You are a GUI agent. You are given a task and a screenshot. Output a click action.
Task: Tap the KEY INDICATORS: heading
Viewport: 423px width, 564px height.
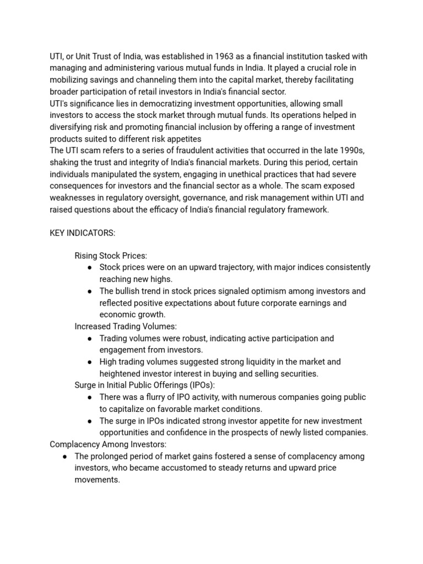tap(83, 233)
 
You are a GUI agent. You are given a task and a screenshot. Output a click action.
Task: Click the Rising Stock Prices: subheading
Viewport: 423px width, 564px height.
tap(111, 256)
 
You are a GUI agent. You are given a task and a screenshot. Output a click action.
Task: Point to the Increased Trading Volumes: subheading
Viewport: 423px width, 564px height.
tap(126, 327)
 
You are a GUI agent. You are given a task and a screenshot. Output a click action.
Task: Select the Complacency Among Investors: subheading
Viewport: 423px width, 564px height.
tap(108, 444)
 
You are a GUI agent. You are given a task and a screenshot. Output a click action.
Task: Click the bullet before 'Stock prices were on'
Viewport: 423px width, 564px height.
tap(90, 268)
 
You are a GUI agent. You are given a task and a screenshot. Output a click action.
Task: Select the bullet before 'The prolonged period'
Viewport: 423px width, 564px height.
tap(65, 457)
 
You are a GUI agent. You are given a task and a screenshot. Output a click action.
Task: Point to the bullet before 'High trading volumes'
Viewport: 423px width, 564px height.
tap(90, 362)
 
